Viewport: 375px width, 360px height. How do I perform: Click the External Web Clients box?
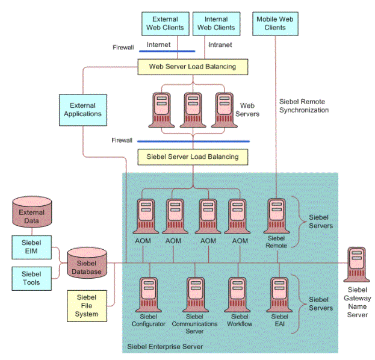point(166,23)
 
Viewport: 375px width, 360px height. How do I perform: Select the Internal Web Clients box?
point(217,23)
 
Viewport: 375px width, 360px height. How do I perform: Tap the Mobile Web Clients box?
point(275,23)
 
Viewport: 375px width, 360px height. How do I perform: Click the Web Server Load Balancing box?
point(193,67)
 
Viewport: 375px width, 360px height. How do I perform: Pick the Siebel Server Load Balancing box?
point(193,157)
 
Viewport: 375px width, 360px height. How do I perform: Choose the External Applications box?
point(82,110)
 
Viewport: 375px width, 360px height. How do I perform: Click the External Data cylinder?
point(32,212)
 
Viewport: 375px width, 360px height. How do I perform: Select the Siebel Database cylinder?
point(87,262)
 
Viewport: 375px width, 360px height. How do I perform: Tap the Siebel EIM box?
point(31,247)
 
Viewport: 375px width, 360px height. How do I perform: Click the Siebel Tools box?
point(31,279)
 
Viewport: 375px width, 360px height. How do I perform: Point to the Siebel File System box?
point(87,306)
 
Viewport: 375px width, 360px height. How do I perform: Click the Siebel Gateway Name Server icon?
point(356,264)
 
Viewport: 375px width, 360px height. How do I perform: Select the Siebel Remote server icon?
point(276,216)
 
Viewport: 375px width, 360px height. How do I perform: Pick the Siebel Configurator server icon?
point(149,295)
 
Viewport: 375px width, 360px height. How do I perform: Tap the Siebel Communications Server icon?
point(196,295)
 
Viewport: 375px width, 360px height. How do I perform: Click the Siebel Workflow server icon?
point(237,295)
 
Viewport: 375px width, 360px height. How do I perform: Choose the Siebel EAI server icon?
point(279,295)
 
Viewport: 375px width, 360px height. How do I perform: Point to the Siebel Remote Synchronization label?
point(304,106)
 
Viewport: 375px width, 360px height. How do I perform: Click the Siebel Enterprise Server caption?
point(165,347)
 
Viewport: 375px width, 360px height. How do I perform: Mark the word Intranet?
point(220,45)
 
